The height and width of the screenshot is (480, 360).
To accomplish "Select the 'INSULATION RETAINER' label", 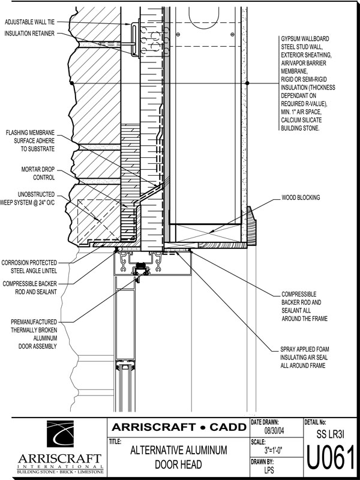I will coord(30,33).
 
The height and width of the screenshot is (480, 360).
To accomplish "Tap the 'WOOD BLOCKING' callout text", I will coord(300,197).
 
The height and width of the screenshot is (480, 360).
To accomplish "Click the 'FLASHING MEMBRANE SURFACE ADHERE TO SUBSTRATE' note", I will coord(31,140).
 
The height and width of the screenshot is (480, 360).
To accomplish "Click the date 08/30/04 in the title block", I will coord(277,430).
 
